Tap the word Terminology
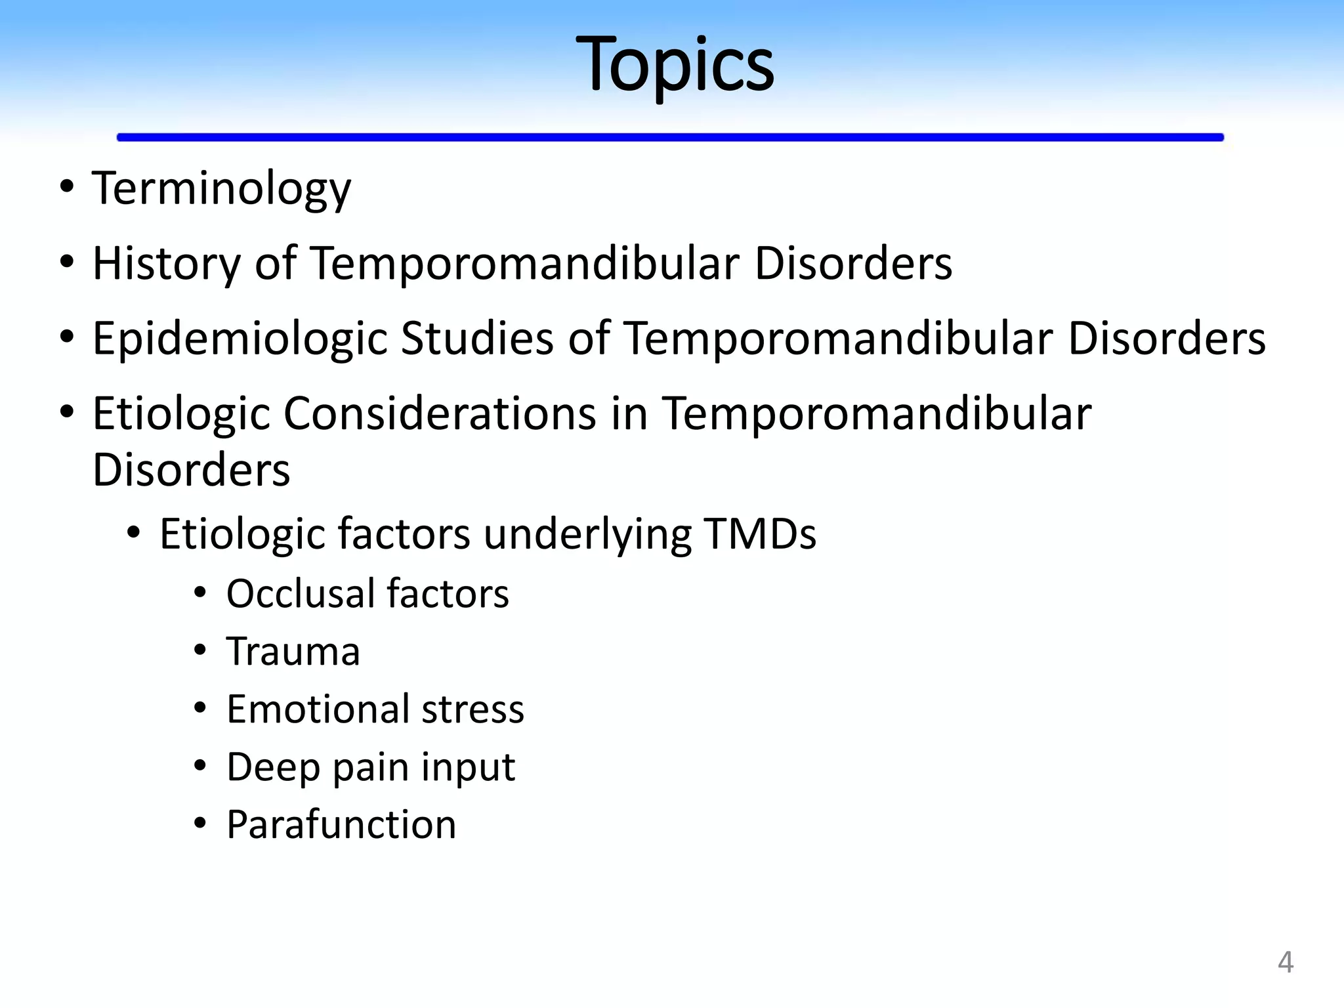[x=221, y=189]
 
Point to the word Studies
[x=477, y=339]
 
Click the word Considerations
[x=439, y=414]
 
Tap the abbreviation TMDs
[x=759, y=534]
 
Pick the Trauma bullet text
[x=293, y=652]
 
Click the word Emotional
[x=318, y=709]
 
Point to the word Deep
[x=273, y=767]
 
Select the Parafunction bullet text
[x=341, y=825]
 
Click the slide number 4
[x=1285, y=963]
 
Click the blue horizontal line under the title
[x=669, y=137]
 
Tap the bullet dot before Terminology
[x=66, y=187]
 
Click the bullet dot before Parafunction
[x=200, y=823]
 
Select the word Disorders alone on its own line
[x=191, y=470]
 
